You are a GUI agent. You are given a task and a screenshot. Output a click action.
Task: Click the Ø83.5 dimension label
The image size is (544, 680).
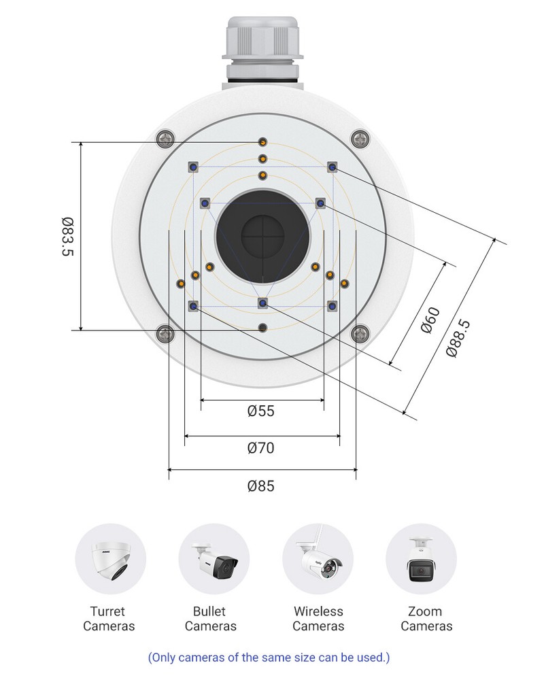click(x=67, y=237)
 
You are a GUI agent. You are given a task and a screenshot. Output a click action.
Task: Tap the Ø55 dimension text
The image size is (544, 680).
click(x=261, y=411)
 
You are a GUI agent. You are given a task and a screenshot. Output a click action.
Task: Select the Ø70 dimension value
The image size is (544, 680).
click(x=261, y=448)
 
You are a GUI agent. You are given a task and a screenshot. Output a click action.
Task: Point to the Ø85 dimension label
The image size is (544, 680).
click(x=261, y=486)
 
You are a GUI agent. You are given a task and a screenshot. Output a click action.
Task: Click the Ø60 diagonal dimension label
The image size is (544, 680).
click(x=431, y=320)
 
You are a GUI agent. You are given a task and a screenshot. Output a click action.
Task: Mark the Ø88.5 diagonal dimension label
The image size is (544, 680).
click(x=458, y=338)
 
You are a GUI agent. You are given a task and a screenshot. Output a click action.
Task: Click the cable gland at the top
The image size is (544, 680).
click(x=262, y=48)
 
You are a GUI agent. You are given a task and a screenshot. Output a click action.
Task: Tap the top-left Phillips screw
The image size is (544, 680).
click(x=165, y=139)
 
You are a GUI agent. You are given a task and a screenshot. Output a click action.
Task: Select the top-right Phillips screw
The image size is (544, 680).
click(x=360, y=139)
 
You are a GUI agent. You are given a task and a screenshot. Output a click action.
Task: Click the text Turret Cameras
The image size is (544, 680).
click(x=109, y=619)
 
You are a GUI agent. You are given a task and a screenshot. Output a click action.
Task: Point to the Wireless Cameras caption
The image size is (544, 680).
click(x=318, y=619)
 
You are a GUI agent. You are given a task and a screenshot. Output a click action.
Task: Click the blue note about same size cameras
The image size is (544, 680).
click(x=269, y=658)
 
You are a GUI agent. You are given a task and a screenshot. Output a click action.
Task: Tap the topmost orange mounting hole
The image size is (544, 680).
click(x=262, y=141)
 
